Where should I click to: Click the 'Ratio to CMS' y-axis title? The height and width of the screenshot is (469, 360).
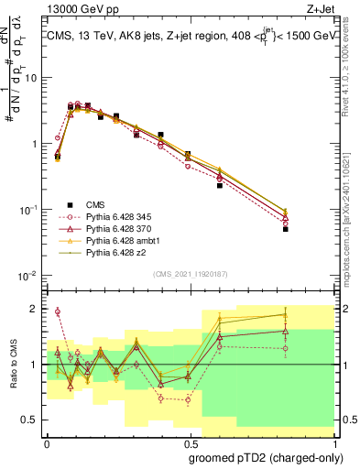tap(12, 364)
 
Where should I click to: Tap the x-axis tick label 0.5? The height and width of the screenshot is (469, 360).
tap(191, 442)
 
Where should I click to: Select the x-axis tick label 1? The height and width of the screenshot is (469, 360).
tap(333, 442)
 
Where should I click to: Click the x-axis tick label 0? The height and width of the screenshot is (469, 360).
tap(48, 442)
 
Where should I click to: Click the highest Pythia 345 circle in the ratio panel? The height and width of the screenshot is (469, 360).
tap(58, 311)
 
